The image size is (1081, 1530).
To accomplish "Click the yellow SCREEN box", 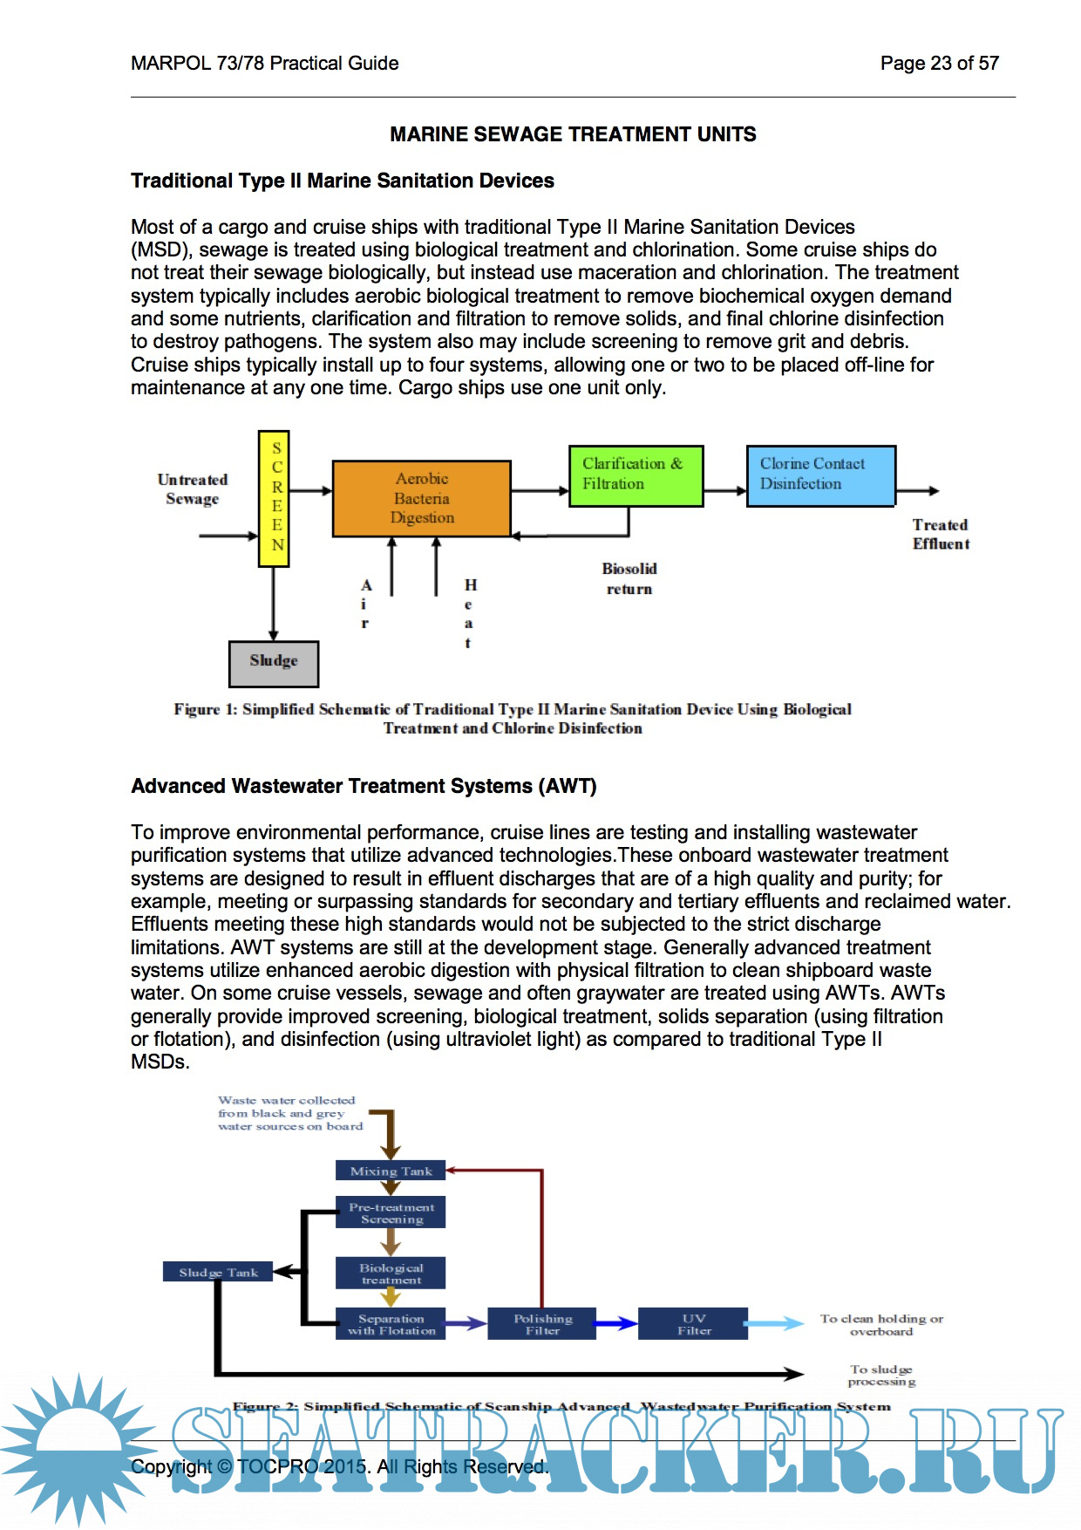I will tap(274, 498).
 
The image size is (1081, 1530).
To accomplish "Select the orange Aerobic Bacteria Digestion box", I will tap(422, 498).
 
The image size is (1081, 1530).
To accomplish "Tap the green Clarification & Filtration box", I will tap(636, 475).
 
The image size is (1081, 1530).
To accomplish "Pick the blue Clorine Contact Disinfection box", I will tap(820, 475).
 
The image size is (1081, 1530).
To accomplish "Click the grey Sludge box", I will tap(274, 663).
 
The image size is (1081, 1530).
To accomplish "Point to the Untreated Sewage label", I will tap(193, 489).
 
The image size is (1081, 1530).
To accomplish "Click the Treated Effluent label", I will tap(941, 534).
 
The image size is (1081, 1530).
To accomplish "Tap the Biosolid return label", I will tap(629, 578).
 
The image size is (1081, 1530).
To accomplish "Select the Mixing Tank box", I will tap(391, 1171).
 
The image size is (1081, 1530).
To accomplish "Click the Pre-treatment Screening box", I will tap(391, 1212).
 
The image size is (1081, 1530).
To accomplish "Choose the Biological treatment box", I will tap(391, 1274).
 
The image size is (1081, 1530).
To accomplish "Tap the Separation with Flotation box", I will tap(391, 1324).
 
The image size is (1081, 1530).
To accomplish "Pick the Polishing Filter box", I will tap(542, 1324).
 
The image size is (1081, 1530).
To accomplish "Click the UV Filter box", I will tap(694, 1324).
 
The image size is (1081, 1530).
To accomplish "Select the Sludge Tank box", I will tap(218, 1272).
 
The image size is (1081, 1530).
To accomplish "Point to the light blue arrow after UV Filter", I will tap(776, 1324).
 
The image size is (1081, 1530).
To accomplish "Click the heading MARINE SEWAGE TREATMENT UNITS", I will tap(573, 134).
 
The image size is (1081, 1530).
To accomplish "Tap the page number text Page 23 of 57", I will tap(939, 63).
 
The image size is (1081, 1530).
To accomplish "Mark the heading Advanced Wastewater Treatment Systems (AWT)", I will tap(364, 786).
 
